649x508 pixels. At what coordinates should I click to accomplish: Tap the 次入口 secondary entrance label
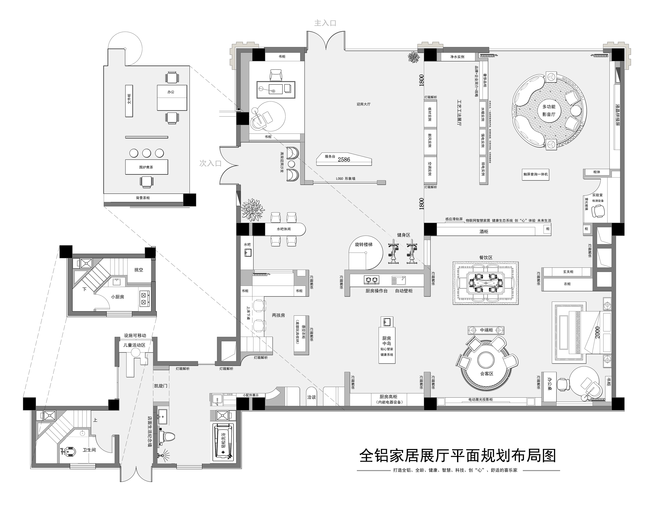210,163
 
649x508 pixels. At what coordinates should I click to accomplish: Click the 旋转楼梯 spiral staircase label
363,244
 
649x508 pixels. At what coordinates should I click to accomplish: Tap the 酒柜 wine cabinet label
484,231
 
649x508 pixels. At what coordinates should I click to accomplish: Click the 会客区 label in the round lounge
487,374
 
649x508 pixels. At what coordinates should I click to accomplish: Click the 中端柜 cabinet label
486,330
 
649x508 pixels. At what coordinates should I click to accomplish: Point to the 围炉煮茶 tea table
146,167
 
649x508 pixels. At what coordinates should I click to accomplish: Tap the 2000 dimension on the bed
597,332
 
